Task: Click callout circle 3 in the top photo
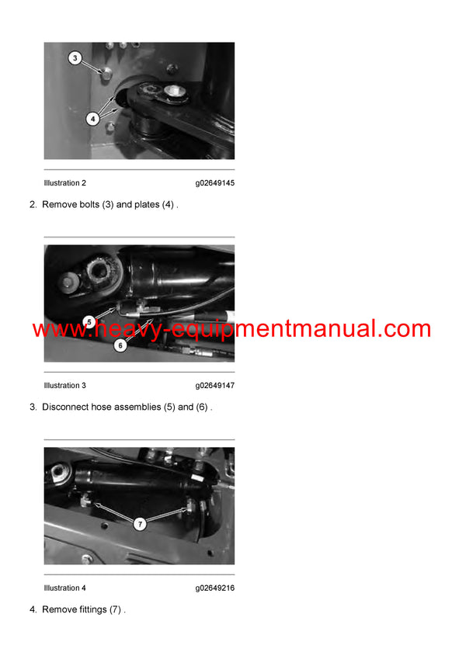pos(75,58)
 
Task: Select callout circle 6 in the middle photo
pos(120,345)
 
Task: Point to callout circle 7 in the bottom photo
pos(140,524)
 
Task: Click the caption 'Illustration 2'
pos(65,183)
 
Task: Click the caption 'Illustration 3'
pos(65,386)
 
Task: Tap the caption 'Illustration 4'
pos(65,588)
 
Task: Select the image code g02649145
pos(214,183)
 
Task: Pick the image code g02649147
pos(214,386)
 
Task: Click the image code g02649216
pos(214,588)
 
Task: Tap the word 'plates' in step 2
pos(146,205)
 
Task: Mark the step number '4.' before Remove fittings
pos(33,610)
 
